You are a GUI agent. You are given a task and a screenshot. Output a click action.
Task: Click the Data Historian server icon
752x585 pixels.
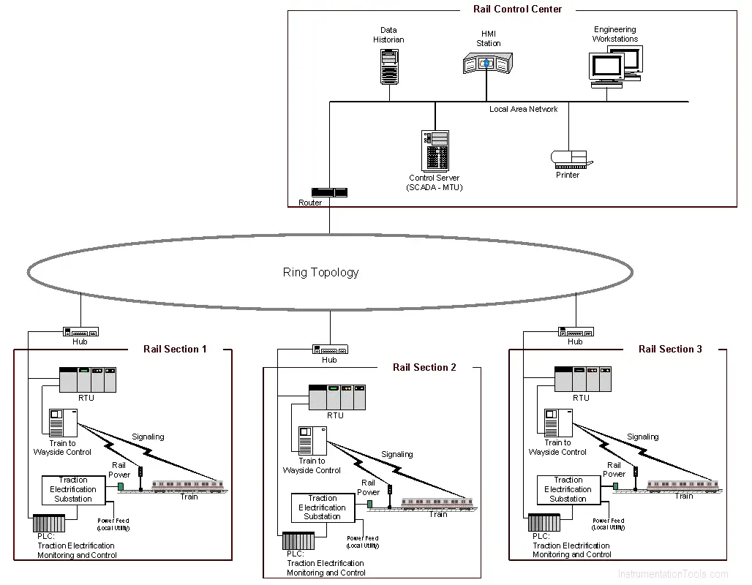click(x=389, y=67)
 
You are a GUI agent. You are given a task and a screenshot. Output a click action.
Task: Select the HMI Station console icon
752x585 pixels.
click(x=488, y=63)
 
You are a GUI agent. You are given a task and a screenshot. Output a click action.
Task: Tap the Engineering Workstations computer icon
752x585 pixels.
click(x=615, y=67)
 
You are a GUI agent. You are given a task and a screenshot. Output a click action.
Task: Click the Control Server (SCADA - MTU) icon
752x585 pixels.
click(x=435, y=151)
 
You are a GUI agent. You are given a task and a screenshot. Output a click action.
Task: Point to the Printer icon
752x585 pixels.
click(x=571, y=159)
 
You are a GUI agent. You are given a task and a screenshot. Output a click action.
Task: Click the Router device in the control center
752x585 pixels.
click(x=329, y=192)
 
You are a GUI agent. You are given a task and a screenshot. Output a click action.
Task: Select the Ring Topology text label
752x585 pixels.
click(x=321, y=272)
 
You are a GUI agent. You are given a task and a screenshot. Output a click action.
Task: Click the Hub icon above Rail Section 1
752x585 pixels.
click(x=80, y=332)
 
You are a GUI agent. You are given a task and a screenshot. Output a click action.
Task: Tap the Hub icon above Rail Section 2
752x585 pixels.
click(x=330, y=350)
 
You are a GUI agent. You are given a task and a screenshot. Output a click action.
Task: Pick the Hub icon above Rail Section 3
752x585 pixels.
click(x=576, y=332)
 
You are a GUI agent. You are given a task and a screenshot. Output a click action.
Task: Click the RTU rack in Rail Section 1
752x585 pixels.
click(x=88, y=380)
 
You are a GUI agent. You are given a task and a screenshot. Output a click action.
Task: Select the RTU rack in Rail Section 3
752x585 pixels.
click(x=583, y=380)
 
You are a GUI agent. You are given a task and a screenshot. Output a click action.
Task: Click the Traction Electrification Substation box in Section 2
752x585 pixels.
click(x=323, y=507)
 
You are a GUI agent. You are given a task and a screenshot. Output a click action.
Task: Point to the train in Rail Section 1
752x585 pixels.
click(x=188, y=486)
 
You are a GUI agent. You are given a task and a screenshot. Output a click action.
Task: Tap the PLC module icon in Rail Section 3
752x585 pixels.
click(x=544, y=523)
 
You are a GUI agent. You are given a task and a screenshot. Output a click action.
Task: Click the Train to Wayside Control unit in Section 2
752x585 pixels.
click(x=312, y=441)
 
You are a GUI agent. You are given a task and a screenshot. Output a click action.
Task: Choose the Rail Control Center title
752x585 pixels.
click(x=517, y=9)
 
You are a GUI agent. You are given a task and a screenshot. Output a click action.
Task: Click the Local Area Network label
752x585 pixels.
click(x=523, y=110)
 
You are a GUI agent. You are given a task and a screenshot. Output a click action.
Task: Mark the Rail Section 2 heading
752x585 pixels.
click(x=424, y=367)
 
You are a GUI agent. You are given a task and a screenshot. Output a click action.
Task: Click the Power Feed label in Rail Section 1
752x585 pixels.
click(x=113, y=524)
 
